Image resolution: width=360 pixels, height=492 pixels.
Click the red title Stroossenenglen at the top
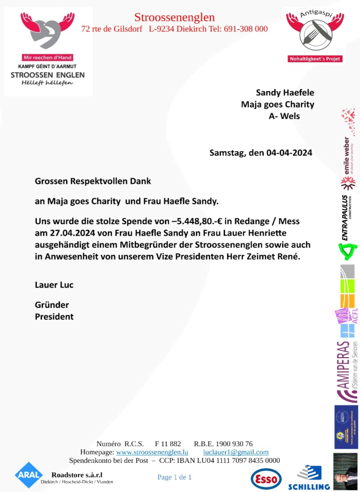(x=174, y=17)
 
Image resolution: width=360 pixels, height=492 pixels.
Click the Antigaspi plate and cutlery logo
(x=315, y=35)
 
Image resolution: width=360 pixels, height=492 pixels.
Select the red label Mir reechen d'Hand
(x=47, y=57)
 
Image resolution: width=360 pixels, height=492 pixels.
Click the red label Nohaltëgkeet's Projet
(x=315, y=59)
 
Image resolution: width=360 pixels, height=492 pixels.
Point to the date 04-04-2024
(x=289, y=153)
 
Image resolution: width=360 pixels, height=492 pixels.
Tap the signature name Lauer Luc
(x=54, y=285)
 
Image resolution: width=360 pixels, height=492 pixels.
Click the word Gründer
(x=52, y=305)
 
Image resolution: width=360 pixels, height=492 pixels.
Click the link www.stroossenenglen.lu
(x=152, y=452)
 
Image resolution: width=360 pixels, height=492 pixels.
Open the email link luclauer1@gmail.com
(x=236, y=452)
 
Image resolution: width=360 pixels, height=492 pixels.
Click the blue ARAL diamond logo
(x=28, y=475)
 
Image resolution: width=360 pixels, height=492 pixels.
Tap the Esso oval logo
(x=266, y=479)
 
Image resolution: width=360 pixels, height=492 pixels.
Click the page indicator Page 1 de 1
(x=174, y=477)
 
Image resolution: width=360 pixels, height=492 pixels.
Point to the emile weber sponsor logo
(x=347, y=157)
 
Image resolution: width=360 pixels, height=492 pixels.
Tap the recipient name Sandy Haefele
(x=285, y=93)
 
